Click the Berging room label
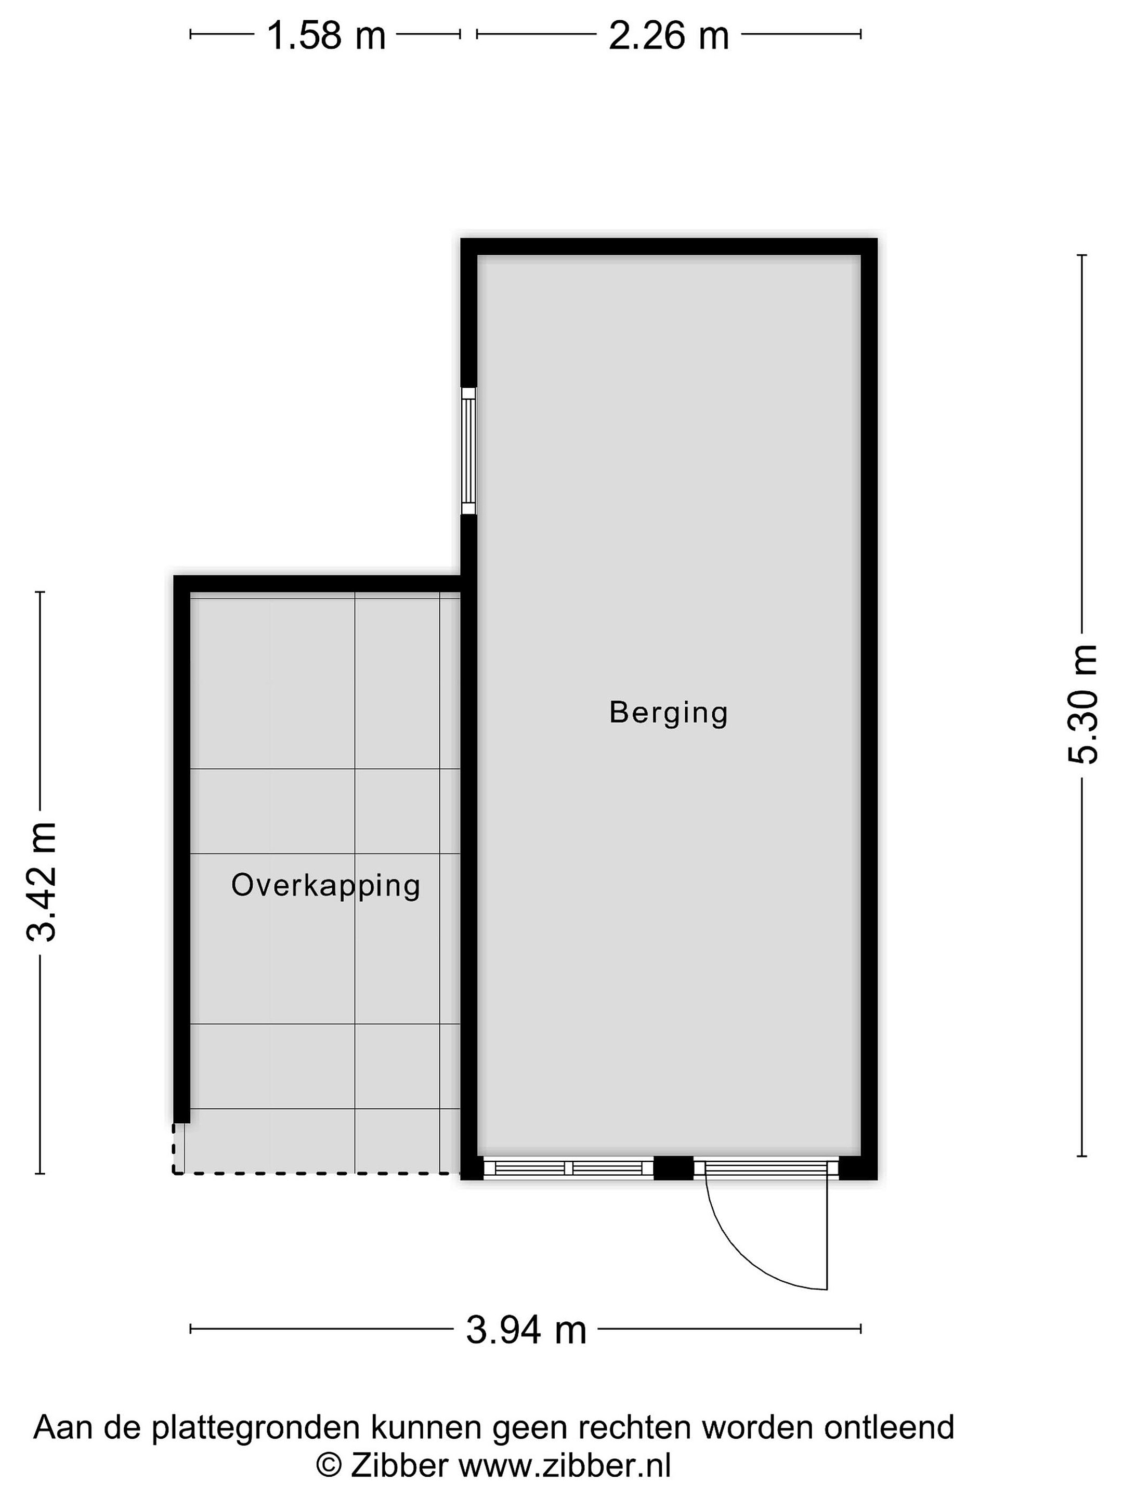coord(668,713)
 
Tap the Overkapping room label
coord(325,886)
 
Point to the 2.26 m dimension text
coord(669,36)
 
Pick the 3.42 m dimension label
coord(41,883)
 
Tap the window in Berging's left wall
coord(468,451)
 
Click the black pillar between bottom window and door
coord(673,1167)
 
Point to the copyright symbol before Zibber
coord(328,1466)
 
